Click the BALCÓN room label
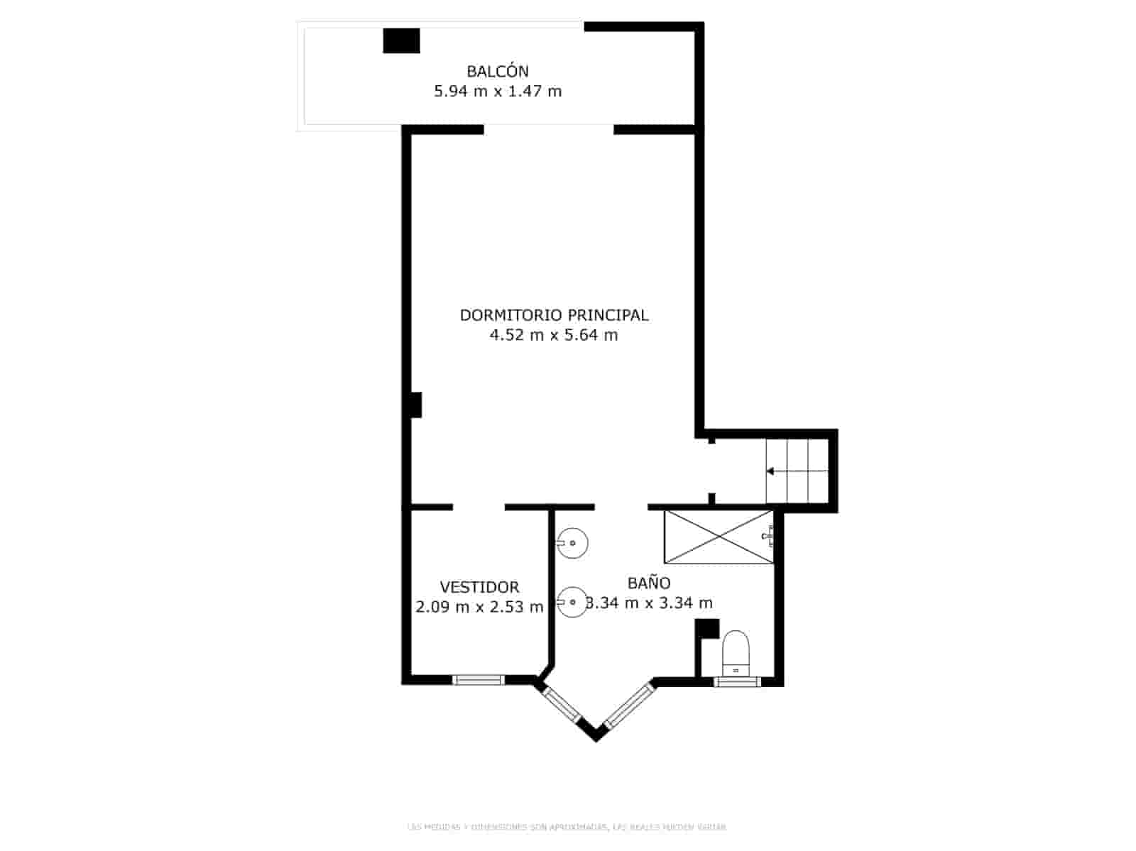click(497, 71)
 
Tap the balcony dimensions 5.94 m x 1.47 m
click(497, 91)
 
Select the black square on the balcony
click(401, 40)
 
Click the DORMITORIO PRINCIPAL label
click(554, 314)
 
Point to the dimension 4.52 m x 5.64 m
click(554, 335)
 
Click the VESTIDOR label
click(479, 587)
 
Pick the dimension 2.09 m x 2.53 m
click(479, 607)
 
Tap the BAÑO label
click(648, 583)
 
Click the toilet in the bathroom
click(736, 653)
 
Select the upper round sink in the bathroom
click(572, 544)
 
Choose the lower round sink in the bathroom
click(572, 603)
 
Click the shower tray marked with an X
click(719, 537)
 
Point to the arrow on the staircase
click(770, 471)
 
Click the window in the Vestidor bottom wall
click(479, 680)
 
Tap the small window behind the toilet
click(737, 682)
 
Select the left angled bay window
click(562, 704)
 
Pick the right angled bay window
click(628, 705)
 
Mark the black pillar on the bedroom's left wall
click(417, 405)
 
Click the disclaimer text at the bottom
click(567, 827)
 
